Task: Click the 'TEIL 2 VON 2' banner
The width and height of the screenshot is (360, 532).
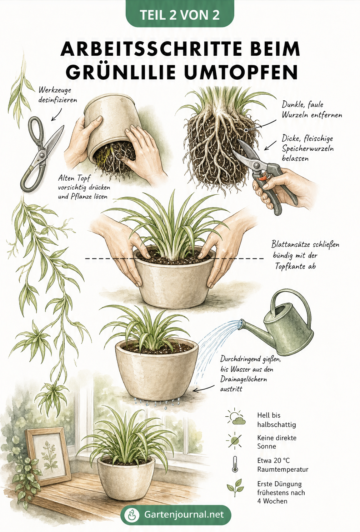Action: (x=180, y=14)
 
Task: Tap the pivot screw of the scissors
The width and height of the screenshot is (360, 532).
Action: (x=42, y=155)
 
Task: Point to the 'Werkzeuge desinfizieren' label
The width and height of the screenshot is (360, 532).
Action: (x=58, y=95)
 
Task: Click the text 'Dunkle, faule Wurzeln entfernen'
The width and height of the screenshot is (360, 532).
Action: (x=312, y=110)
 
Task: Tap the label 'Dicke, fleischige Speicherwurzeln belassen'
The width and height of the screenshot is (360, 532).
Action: (x=307, y=148)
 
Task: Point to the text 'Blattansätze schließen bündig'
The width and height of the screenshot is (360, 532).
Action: (x=305, y=250)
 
